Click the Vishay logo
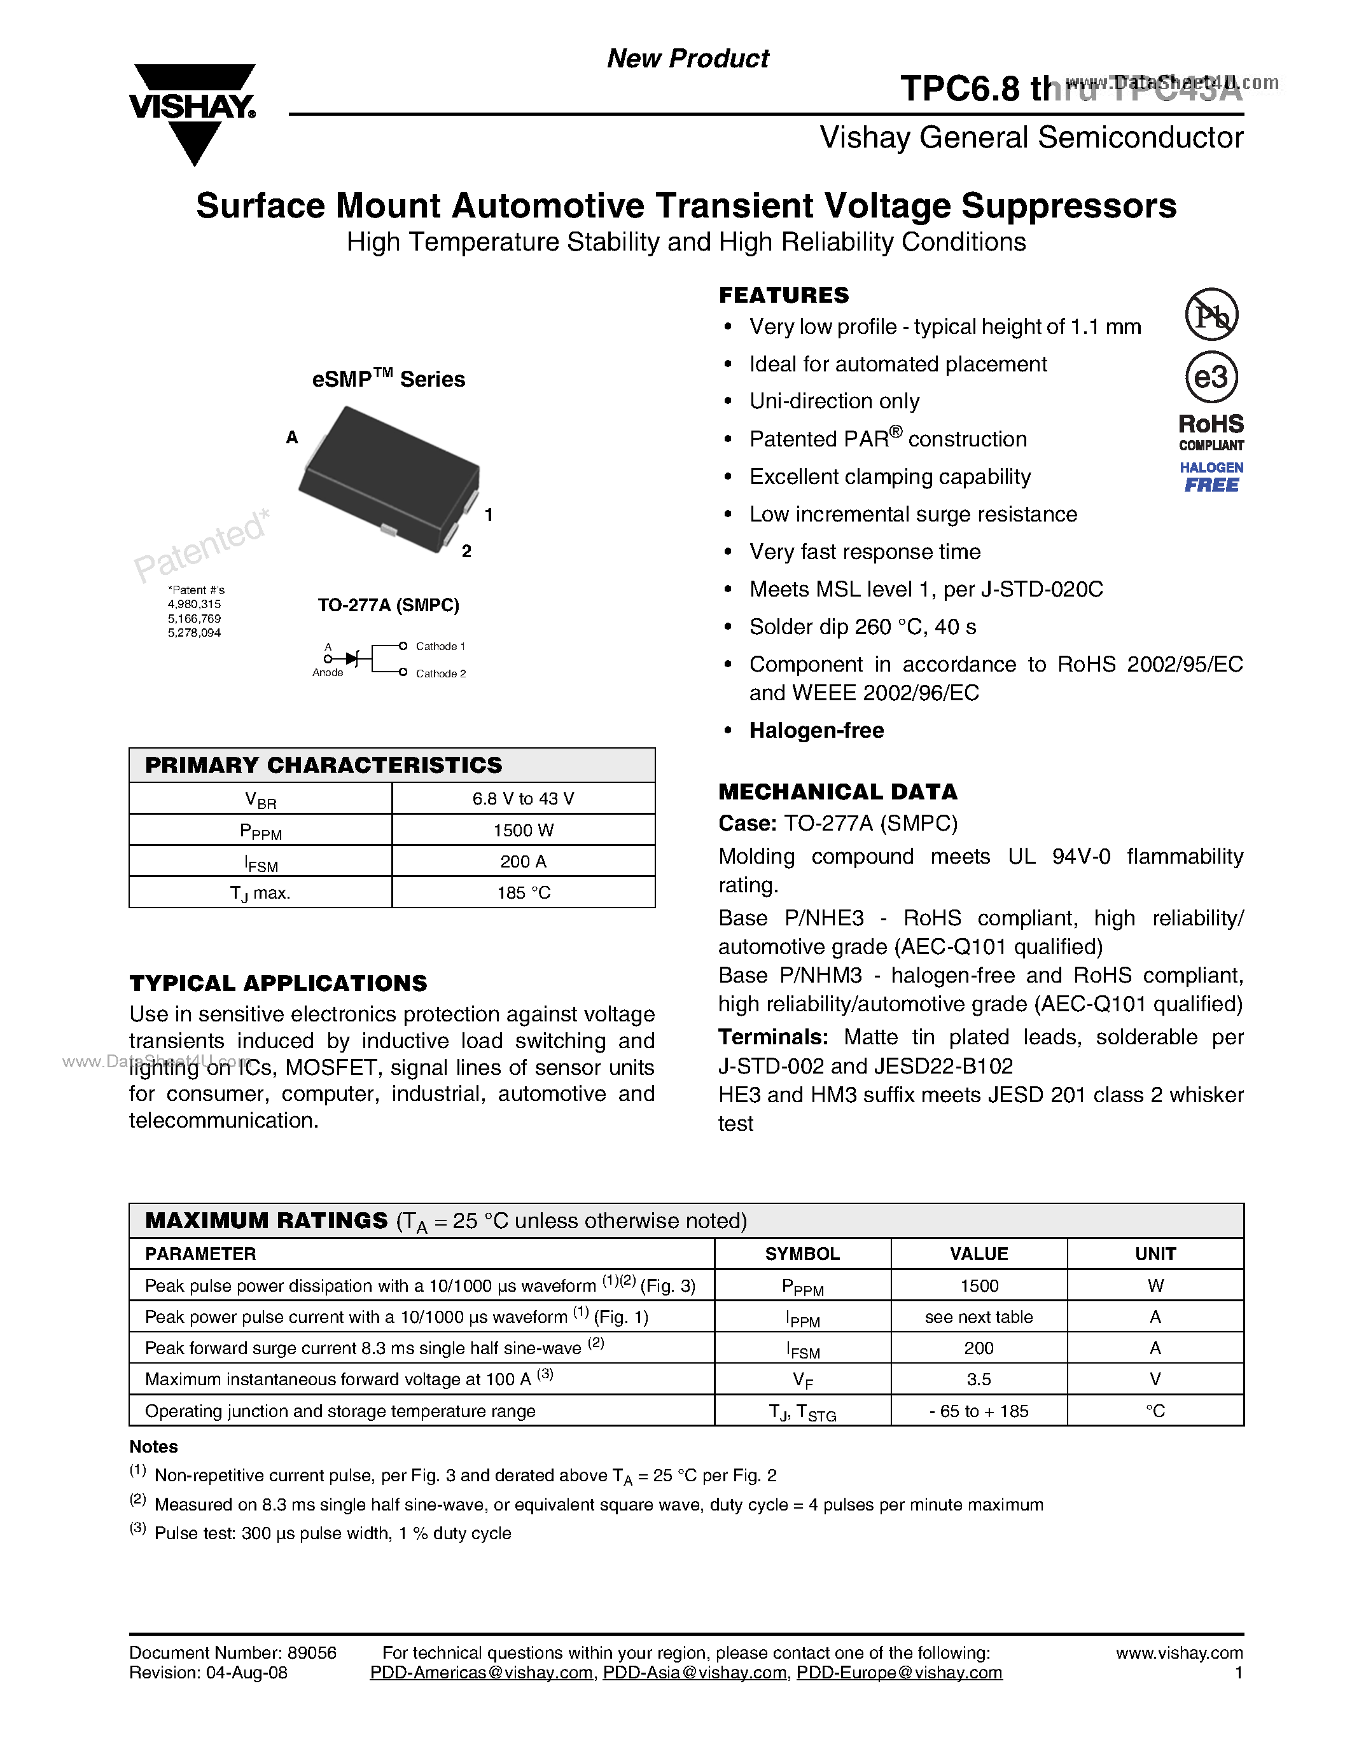click(192, 112)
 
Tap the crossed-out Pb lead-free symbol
click(1211, 315)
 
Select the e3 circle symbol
click(1211, 377)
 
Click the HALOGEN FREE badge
click(1211, 477)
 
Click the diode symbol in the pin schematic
click(352, 658)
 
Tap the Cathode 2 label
click(440, 674)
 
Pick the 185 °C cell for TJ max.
click(523, 893)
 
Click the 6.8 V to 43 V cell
click(523, 798)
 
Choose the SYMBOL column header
click(802, 1254)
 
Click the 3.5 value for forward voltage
click(978, 1379)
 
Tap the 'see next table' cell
click(978, 1317)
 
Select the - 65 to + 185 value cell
click(978, 1411)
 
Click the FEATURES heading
click(783, 294)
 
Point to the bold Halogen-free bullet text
click(816, 730)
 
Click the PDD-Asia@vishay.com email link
click(694, 1673)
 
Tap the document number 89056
click(312, 1653)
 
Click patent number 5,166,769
click(194, 618)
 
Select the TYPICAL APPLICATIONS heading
click(278, 983)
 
